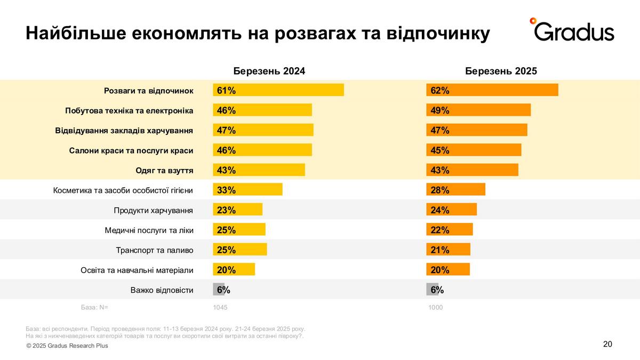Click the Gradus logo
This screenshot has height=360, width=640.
click(x=572, y=30)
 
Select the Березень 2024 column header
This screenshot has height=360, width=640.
click(x=269, y=71)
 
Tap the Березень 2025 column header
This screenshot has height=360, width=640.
click(x=501, y=71)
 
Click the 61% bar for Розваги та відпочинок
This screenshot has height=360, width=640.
click(x=278, y=90)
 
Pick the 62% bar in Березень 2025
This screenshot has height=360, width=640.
click(x=492, y=90)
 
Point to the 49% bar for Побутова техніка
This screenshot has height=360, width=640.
click(x=478, y=110)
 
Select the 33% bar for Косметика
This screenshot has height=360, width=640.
click(x=247, y=190)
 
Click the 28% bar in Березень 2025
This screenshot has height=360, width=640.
click(x=455, y=190)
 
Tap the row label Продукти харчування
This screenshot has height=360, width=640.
click(x=153, y=210)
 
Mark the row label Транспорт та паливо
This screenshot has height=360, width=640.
click(x=154, y=250)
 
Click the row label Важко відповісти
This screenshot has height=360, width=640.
click(x=162, y=290)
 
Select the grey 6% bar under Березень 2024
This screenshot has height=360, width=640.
click(x=219, y=290)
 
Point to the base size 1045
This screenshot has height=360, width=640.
click(x=220, y=308)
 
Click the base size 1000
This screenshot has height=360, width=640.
click(x=435, y=308)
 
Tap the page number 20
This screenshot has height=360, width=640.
click(x=607, y=344)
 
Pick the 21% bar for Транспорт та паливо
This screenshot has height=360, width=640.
click(x=448, y=250)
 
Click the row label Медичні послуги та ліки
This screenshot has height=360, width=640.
click(x=149, y=230)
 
